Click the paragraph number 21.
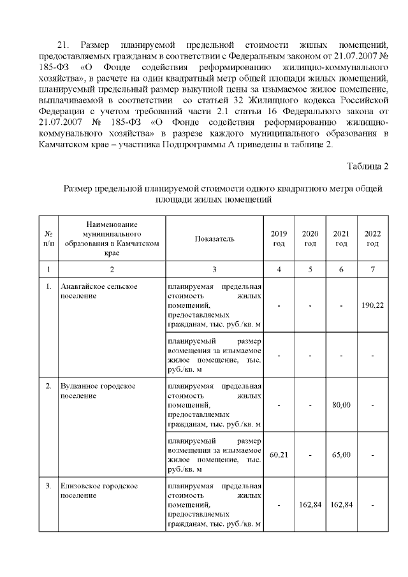[63, 45]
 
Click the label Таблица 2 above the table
[367, 167]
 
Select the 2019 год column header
[279, 238]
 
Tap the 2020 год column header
[310, 238]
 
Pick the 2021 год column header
[341, 238]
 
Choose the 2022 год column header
[372, 238]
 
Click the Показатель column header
[214, 238]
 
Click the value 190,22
[372, 306]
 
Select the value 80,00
[341, 405]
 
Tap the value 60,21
[279, 455]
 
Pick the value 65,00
[341, 455]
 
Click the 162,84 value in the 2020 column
[310, 506]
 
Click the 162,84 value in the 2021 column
[341, 506]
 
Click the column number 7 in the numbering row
[372, 270]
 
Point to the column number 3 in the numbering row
[214, 270]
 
